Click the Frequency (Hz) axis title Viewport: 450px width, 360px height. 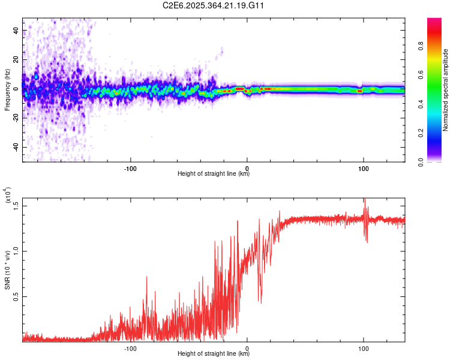pos(8,91)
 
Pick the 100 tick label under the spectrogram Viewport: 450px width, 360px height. pos(363,168)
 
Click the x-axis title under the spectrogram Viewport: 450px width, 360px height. pos(214,174)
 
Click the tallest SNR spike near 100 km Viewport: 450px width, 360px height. pos(364,200)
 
